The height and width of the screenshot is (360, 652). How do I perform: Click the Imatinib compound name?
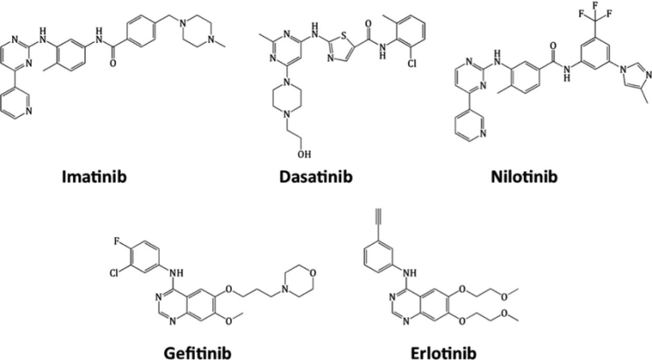[94, 176]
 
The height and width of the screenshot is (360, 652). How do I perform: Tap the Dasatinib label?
[316, 176]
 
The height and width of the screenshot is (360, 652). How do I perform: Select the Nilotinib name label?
[524, 176]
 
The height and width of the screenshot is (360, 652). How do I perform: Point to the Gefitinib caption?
[197, 353]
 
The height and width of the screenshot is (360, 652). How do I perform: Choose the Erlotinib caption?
[443, 353]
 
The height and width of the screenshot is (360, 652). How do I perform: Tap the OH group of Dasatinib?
[304, 155]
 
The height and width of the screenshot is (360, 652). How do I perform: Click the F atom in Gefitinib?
[117, 241]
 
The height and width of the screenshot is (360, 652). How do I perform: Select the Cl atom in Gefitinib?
[115, 273]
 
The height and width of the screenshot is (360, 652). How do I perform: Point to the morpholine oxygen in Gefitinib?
[312, 273]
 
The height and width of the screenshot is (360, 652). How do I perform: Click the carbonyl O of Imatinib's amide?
[112, 63]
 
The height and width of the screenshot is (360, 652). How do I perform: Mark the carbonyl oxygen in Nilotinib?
[553, 46]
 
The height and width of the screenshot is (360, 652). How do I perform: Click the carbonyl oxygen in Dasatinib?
[368, 23]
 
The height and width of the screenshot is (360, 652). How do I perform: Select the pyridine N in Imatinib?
[28, 111]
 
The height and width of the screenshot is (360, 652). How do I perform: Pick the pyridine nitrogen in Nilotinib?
[483, 133]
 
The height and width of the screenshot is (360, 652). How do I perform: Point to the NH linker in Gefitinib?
[176, 273]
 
